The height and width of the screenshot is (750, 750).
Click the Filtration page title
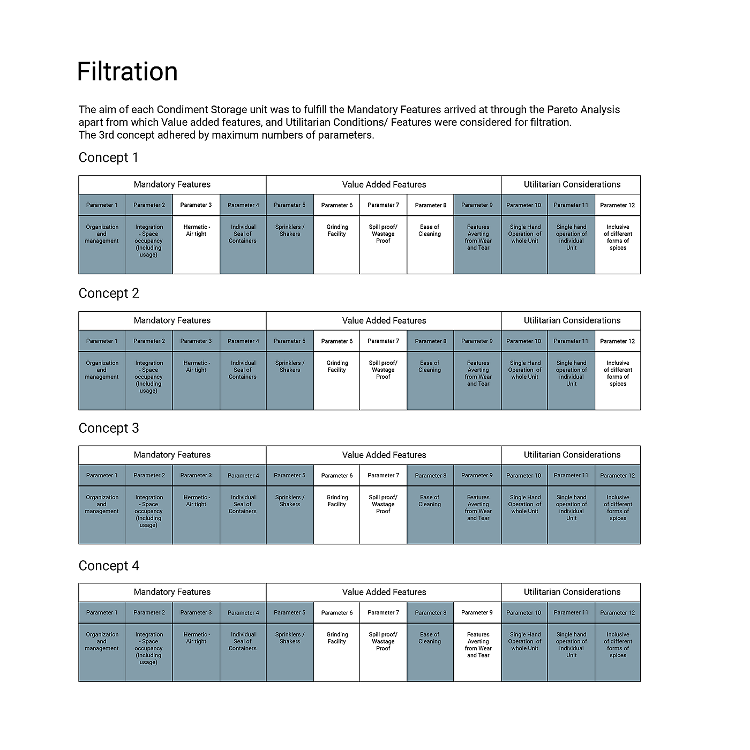coord(127,72)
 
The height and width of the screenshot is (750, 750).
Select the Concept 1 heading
coord(108,157)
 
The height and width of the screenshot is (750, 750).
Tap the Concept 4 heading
coord(109,566)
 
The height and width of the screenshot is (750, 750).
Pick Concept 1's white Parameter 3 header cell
coord(196,205)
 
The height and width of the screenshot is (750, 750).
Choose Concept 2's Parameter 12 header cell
coord(618,341)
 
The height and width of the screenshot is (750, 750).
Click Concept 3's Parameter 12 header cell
coord(618,475)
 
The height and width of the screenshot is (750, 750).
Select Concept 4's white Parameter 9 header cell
coord(477,612)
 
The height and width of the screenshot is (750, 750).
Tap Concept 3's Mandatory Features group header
coord(172,455)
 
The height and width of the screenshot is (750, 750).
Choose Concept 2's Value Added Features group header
coord(384,320)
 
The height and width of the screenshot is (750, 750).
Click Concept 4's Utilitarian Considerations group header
coord(572,592)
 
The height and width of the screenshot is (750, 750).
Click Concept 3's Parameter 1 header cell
coord(102,475)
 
